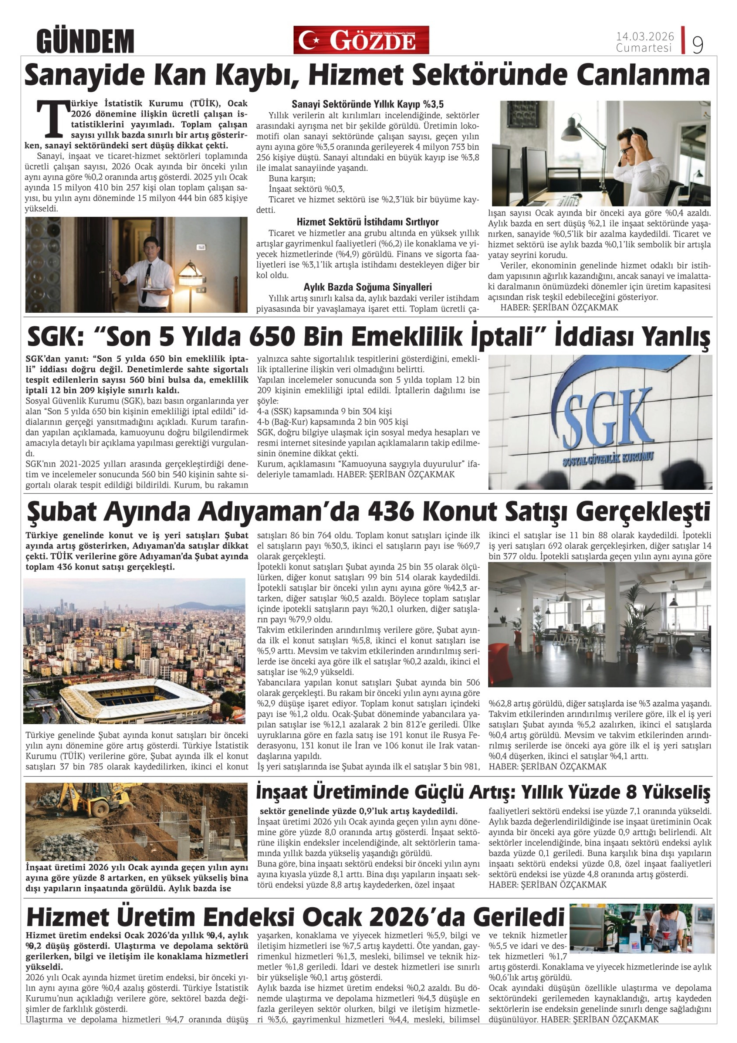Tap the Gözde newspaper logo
(361, 40)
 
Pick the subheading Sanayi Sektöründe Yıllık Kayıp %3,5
(367, 104)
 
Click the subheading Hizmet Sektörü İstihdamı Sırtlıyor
(367, 222)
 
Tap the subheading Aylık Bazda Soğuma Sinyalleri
(367, 287)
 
